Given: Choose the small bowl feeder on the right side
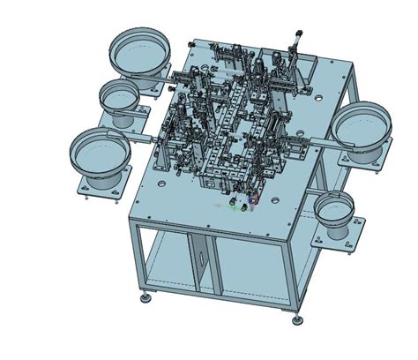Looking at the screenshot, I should click(x=334, y=211).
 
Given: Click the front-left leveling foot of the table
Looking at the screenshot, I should click(x=145, y=297).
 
